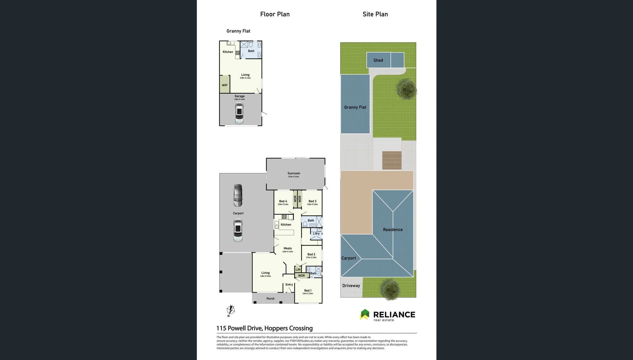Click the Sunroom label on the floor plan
294,173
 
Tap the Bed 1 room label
308,291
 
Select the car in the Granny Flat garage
239,113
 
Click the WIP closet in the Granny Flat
225,85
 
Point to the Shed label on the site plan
378,60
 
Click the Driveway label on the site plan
351,286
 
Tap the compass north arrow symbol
231,310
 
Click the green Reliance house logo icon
365,314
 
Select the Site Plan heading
375,14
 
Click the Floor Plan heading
275,14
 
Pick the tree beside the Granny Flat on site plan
407,89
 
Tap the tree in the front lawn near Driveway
390,289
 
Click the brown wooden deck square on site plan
391,160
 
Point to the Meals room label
287,248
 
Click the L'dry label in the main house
316,234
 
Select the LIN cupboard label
298,270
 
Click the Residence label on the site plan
392,230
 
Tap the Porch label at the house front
270,299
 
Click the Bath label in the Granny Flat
251,51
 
